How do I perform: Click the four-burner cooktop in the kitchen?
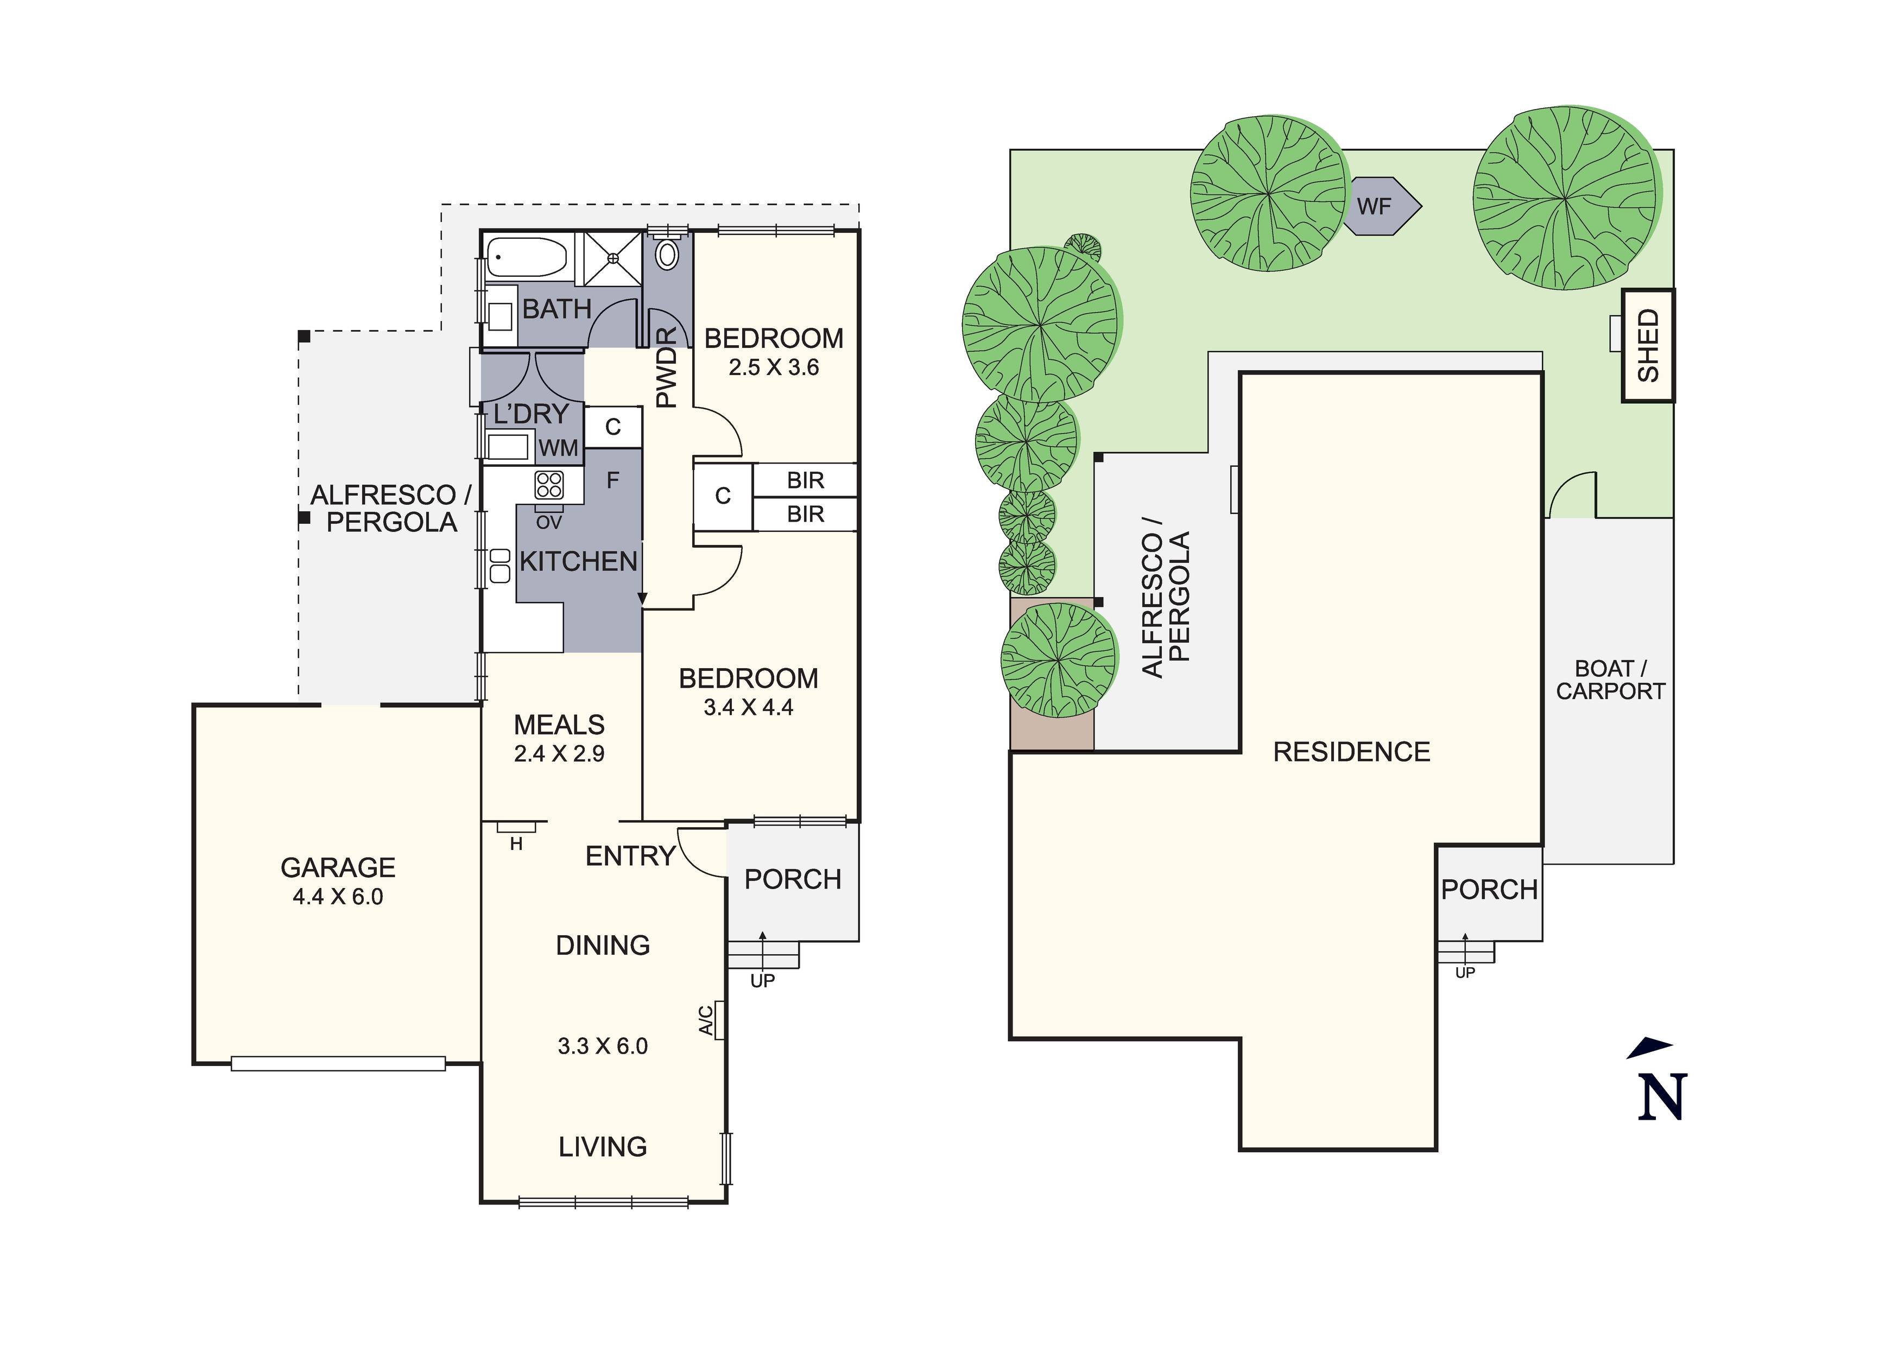[549, 484]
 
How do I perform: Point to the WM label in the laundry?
[558, 449]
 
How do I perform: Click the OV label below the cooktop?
[549, 522]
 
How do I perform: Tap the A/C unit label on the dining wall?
[706, 1020]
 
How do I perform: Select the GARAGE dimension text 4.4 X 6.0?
[338, 896]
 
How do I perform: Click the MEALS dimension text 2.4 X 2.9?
[559, 754]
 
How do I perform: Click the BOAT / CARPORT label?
[1610, 680]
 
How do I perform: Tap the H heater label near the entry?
[516, 844]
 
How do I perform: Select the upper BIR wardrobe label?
[805, 480]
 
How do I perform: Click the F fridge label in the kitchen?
[613, 480]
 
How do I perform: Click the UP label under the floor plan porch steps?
[762, 981]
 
